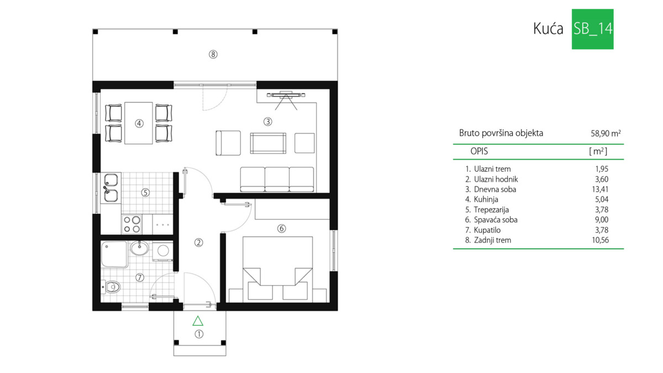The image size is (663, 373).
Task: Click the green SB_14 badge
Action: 592,29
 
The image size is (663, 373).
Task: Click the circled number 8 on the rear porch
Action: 213,55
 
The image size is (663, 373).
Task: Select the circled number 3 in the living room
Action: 268,122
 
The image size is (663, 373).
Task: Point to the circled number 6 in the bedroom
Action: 281,229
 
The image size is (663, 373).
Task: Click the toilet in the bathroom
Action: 110,287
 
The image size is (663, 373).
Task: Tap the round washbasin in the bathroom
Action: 139,248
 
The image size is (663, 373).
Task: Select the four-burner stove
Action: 131,224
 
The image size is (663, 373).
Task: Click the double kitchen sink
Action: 110,188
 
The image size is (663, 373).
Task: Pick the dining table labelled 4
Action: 139,123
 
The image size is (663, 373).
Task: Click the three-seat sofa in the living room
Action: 277,180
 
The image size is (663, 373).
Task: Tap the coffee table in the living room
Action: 268,143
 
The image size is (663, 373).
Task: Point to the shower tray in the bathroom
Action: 114,254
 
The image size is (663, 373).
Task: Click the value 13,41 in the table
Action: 600,190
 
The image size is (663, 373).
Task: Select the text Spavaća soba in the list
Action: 496,220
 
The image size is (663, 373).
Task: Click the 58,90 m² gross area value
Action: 606,134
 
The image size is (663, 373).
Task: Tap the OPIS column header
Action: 479,151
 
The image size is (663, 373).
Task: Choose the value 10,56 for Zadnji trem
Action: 600,240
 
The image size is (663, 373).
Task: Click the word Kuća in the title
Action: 548,29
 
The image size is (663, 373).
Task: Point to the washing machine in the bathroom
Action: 163,251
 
